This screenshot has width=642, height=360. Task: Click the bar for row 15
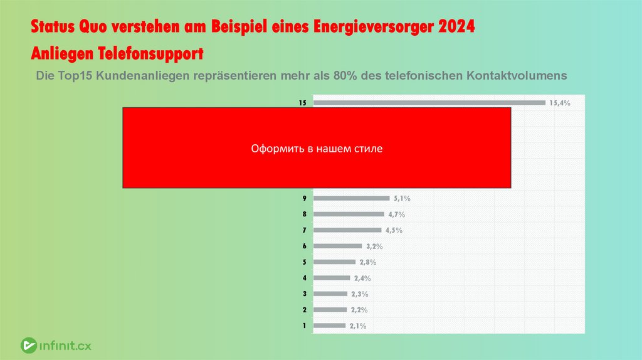pyautogui.click(x=429, y=103)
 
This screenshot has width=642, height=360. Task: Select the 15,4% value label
pyautogui.click(x=559, y=103)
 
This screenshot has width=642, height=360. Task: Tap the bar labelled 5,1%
pyautogui.click(x=351, y=198)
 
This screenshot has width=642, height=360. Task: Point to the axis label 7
pyautogui.click(x=303, y=230)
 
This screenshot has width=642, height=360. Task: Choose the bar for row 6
pyautogui.click(x=337, y=246)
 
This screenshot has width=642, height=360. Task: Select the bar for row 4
pyautogui.click(x=332, y=278)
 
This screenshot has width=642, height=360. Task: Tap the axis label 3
pyautogui.click(x=303, y=294)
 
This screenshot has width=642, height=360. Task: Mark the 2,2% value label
pyautogui.click(x=358, y=310)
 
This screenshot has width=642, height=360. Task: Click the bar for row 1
pyautogui.click(x=329, y=326)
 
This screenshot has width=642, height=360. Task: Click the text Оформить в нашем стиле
pyautogui.click(x=317, y=149)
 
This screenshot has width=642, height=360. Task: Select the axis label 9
pyautogui.click(x=303, y=198)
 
